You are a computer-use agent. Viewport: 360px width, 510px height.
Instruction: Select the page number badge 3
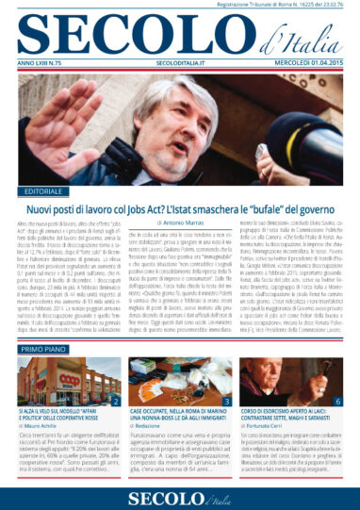(227, 402)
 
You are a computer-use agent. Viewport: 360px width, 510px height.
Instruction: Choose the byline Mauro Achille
(46, 427)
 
